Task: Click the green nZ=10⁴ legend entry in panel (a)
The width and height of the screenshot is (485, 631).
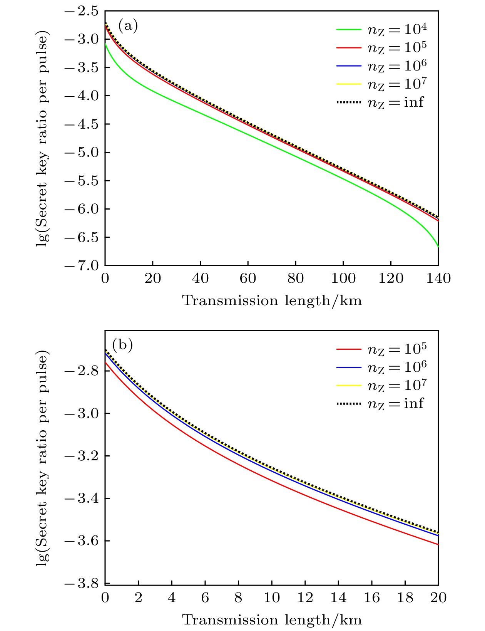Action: pos(381,29)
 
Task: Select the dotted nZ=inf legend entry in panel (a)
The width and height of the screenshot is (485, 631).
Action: pos(381,102)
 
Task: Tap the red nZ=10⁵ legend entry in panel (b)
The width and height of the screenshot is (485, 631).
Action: pos(381,349)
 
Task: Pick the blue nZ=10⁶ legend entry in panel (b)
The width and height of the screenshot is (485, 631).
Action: pos(381,368)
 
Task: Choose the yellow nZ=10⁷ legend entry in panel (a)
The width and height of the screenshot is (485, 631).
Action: pos(381,84)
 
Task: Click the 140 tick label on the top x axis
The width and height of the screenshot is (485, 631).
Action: pos(438,278)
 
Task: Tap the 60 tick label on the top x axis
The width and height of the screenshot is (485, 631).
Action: pos(248,278)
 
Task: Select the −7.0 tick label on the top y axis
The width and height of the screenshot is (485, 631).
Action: pos(82,266)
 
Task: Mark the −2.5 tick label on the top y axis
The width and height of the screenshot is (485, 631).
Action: pos(82,11)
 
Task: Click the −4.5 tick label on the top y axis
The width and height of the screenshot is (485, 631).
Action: pos(82,124)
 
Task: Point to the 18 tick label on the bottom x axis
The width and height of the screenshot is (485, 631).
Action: pos(405,597)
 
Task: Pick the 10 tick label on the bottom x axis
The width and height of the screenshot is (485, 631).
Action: pos(272,597)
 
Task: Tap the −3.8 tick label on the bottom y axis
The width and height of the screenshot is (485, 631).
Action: pos(82,584)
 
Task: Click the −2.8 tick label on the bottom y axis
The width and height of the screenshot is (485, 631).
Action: pos(82,371)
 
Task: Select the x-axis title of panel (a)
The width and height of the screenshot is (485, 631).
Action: pos(272,300)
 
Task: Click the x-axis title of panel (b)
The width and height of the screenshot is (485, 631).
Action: pos(272,620)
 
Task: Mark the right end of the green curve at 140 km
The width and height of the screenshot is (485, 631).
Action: pos(438,247)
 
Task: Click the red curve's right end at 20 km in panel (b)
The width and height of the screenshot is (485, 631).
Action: pos(438,544)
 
